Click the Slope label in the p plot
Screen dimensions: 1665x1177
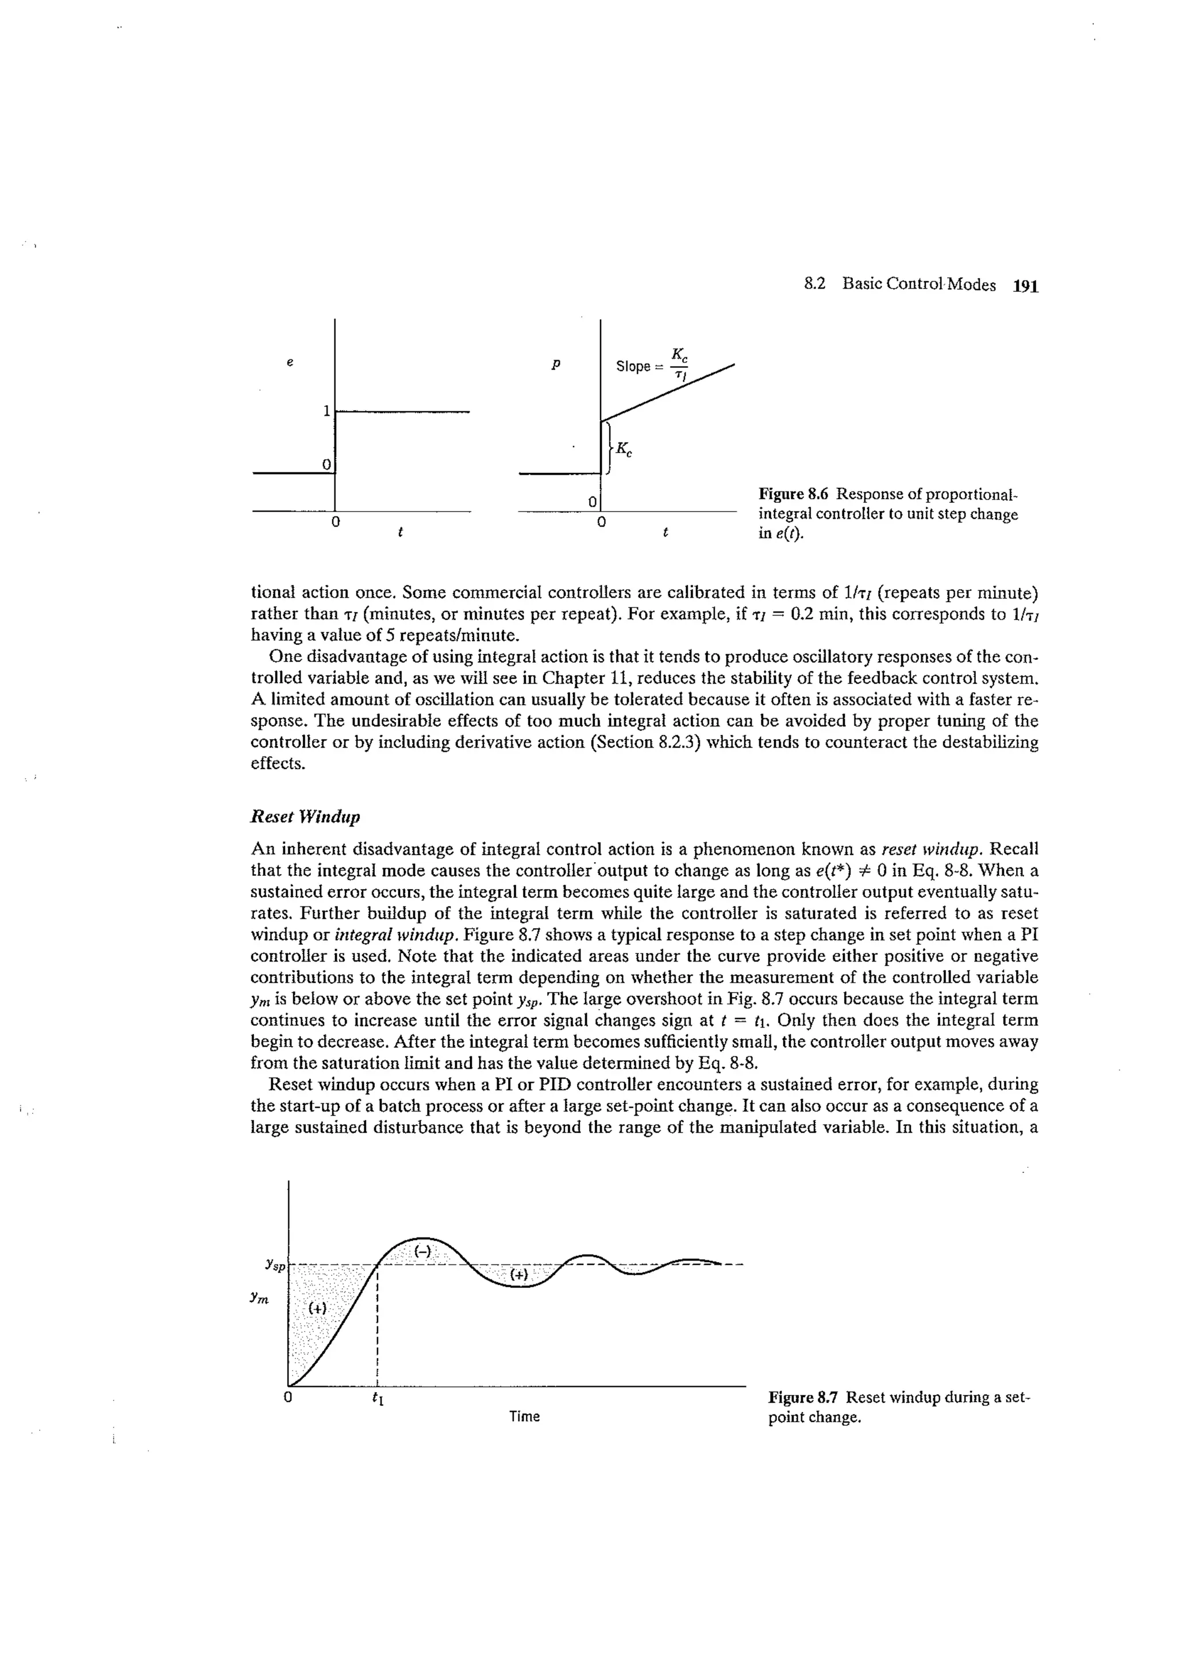[632, 366]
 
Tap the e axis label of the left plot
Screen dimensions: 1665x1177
[289, 362]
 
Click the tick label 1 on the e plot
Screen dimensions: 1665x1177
[326, 411]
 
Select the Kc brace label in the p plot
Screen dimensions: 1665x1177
[624, 451]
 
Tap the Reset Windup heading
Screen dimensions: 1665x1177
[305, 817]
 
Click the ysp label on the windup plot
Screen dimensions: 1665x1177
[274, 1265]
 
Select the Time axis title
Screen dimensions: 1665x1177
[524, 1416]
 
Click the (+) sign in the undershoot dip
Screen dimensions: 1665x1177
[519, 1274]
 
